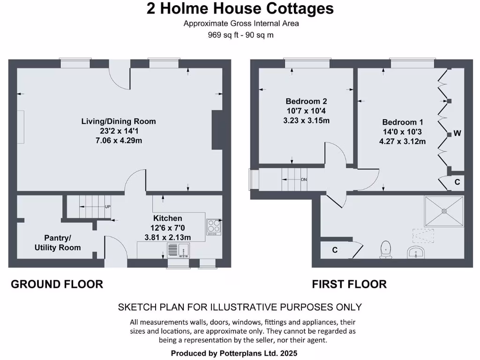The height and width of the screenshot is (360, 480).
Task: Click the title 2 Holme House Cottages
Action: [x=240, y=8]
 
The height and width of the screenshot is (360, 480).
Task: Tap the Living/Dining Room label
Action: [x=119, y=121]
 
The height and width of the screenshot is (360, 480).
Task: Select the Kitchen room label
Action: [x=168, y=218]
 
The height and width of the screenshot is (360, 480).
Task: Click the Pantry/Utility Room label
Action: [x=58, y=242]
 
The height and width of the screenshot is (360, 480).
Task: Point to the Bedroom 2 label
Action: [x=306, y=101]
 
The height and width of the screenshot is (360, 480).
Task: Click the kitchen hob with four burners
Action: [x=213, y=227]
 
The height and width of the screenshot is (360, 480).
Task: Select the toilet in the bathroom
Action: [x=386, y=249]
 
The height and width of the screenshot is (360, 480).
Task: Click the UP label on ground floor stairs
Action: [x=107, y=207]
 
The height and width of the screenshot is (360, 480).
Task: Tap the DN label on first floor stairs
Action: [x=304, y=180]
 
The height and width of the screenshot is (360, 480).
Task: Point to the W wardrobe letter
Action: [x=457, y=134]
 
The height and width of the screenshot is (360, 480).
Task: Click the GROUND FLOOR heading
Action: [x=57, y=284]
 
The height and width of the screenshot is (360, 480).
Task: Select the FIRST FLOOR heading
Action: [x=349, y=284]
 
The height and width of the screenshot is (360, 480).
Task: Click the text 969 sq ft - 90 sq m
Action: [x=241, y=35]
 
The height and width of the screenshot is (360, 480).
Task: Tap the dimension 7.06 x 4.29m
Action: [x=119, y=140]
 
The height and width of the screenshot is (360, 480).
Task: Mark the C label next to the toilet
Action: [x=335, y=250]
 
